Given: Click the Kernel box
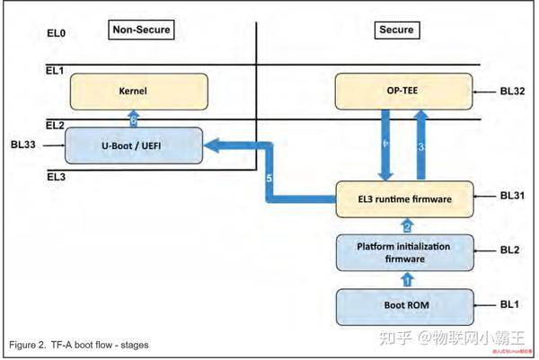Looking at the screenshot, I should [x=139, y=92].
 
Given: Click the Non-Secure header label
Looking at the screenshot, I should [x=140, y=30].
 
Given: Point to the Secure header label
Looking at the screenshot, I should [x=396, y=30].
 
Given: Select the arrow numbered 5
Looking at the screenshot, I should [x=269, y=180].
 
